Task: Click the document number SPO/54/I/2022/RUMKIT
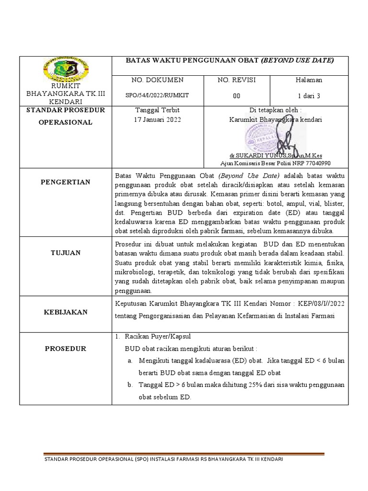[157, 95]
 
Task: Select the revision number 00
[236, 96]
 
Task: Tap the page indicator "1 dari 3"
[309, 96]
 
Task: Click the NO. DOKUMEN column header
[157, 80]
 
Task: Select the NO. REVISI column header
[236, 80]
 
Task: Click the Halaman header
[310, 80]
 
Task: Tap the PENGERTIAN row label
[65, 182]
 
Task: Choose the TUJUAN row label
[65, 253]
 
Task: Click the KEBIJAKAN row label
[65, 312]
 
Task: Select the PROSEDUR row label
[65, 349]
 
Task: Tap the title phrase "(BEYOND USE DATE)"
[297, 60]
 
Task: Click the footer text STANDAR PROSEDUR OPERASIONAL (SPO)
[96, 459]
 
